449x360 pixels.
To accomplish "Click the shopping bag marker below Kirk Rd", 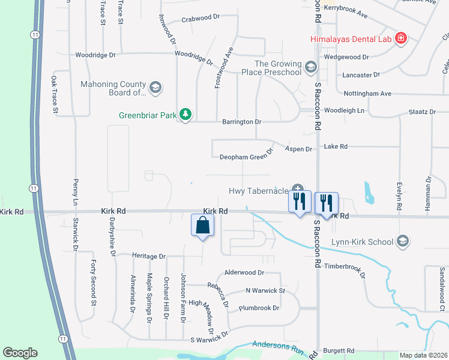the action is [x=203, y=226].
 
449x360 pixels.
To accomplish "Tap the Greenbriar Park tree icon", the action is [x=186, y=114].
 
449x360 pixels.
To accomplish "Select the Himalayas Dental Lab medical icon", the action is [x=401, y=40].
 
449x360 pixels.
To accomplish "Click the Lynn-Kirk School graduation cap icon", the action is [x=403, y=242].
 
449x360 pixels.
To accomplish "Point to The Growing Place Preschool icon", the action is [x=310, y=67].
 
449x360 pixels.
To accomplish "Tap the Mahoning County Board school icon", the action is [x=155, y=88].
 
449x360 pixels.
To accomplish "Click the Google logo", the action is [x=20, y=353].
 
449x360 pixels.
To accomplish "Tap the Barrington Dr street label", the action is [x=242, y=121].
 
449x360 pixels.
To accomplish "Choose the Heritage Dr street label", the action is [x=148, y=256].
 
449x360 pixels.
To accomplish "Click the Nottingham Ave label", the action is [x=367, y=94].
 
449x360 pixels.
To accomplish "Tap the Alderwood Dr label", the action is [x=244, y=272].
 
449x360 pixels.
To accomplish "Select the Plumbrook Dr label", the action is [x=259, y=308].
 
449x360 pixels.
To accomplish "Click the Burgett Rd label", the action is [x=339, y=350].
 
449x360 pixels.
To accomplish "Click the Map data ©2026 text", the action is [x=424, y=355].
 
